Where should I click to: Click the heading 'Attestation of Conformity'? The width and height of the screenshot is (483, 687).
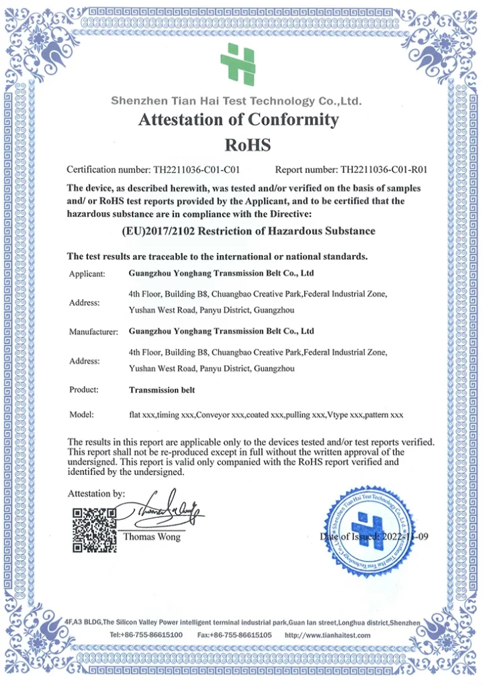238,120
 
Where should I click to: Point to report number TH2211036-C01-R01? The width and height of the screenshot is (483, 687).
384,170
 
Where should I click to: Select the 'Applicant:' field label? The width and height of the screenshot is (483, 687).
87,274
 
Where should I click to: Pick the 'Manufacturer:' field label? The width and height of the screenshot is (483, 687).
93,331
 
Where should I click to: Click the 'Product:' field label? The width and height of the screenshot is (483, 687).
84,389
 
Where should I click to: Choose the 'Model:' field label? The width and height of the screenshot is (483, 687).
81,415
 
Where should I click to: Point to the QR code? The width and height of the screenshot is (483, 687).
94,530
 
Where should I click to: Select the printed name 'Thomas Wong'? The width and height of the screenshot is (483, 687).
152,537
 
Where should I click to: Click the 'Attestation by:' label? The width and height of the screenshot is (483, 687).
96,494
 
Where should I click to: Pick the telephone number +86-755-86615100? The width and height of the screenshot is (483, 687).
155,635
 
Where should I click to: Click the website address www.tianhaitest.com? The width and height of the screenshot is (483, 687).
335,635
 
